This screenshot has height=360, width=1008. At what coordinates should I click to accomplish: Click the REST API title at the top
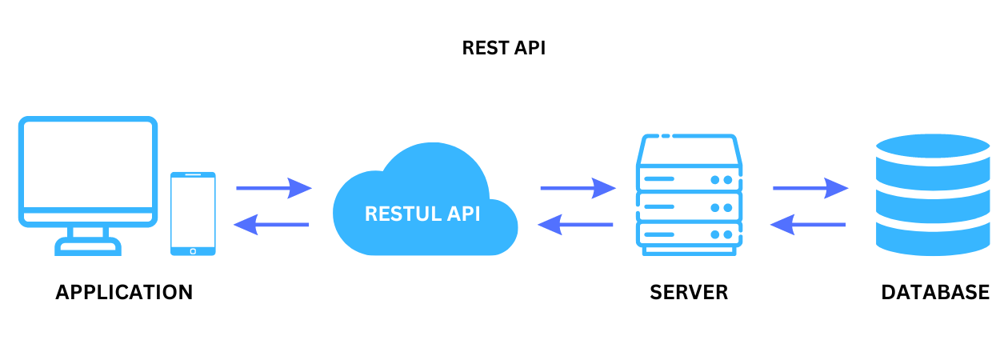[x=503, y=48]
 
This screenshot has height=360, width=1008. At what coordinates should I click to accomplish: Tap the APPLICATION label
[x=124, y=292]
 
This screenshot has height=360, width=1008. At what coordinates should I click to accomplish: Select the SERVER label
[x=689, y=292]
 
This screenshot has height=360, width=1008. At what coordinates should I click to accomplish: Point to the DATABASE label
[x=934, y=292]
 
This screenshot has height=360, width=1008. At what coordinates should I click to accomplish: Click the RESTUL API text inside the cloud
[x=422, y=214]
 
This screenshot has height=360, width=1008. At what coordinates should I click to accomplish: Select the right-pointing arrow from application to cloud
[x=273, y=189]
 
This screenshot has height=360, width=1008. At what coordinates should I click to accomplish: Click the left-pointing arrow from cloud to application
[x=271, y=225]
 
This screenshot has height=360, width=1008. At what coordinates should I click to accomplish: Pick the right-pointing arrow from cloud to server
[x=578, y=189]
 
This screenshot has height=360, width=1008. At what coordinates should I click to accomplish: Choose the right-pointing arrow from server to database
[x=810, y=189]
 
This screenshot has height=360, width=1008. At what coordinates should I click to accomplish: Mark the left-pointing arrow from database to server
[x=808, y=225]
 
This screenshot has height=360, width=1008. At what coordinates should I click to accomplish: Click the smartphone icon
[x=193, y=214]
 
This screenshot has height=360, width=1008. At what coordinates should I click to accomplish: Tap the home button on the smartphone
[x=193, y=250]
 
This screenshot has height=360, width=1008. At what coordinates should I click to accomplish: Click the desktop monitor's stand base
[x=87, y=247]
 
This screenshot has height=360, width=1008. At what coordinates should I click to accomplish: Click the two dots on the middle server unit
[x=722, y=207]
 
